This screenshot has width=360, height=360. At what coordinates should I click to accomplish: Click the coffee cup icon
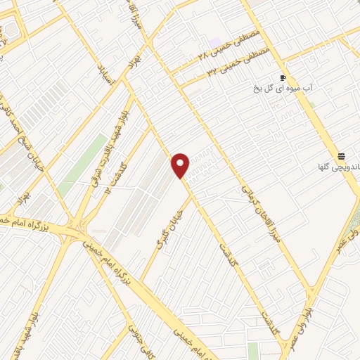point(283,77)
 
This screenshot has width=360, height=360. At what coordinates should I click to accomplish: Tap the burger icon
point(342,155)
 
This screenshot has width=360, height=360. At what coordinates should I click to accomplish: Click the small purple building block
point(214,44)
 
